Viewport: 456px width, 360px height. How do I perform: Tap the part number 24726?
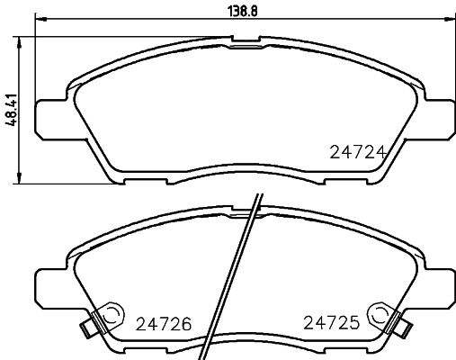165,323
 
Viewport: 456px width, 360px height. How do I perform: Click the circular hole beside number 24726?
112,315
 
